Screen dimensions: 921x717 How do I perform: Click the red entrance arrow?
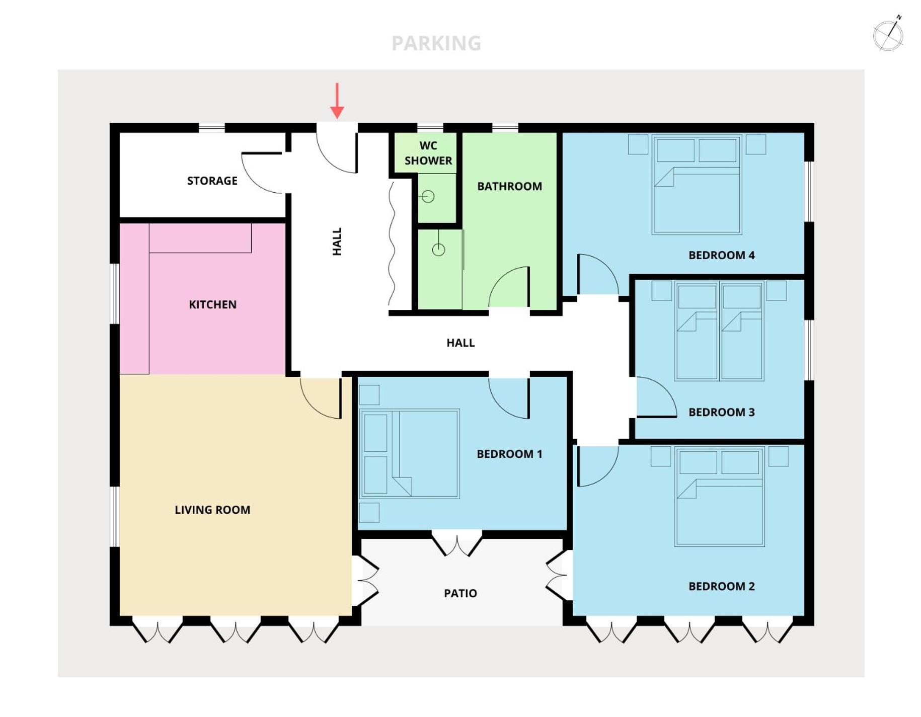pos(337,101)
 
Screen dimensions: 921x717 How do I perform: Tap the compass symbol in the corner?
pos(888,34)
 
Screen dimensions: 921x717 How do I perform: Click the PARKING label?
pos(436,43)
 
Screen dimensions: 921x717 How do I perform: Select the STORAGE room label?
pos(212,181)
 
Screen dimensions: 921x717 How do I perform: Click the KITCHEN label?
pos(212,304)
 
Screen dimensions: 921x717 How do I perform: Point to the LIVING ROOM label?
pos(212,510)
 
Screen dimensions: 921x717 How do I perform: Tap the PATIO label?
pos(460,593)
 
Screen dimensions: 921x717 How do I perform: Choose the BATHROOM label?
pos(509,186)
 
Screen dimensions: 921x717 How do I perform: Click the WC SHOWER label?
pos(428,153)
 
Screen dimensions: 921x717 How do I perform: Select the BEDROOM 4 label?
pos(721,255)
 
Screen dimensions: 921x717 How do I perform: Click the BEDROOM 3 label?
pos(721,412)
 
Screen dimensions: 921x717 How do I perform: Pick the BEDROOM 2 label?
pos(721,586)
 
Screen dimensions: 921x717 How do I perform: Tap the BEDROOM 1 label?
pos(509,454)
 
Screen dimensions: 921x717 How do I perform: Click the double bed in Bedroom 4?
pos(697,184)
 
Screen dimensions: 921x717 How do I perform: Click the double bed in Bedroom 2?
pos(719,496)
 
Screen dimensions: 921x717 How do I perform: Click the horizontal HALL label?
pos(460,343)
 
